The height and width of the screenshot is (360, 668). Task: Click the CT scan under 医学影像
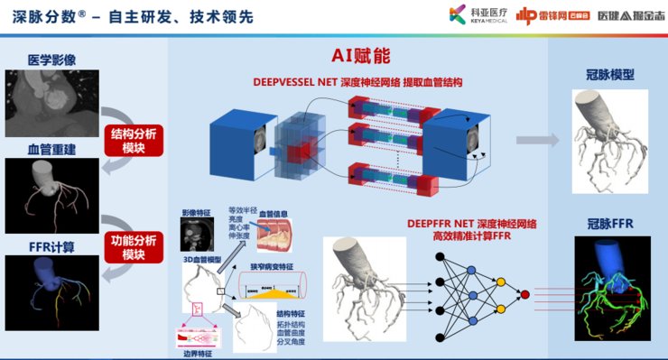click(x=49, y=100)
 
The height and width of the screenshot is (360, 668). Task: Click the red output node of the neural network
click(x=524, y=294)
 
